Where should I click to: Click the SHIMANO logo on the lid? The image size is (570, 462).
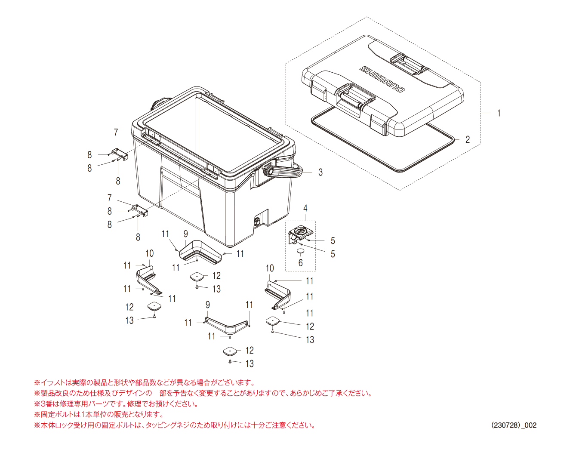pos(382,79)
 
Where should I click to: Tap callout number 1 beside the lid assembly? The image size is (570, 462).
pos(499,113)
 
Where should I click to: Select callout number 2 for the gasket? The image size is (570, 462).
pos(468,139)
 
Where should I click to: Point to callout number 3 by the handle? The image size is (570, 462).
pos(320,172)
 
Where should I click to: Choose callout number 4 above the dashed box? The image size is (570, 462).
pos(305,208)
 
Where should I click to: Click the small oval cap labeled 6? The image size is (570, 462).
pos(301,250)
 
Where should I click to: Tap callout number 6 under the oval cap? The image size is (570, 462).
pos(300,262)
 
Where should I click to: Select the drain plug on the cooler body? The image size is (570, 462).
pos(257,222)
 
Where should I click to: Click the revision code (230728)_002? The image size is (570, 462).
pos(514,425)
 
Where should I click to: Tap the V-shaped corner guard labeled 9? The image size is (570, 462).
pos(227,326)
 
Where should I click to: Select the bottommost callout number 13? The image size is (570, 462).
pos(250,363)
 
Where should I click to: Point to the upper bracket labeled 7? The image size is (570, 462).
pos(119,154)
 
